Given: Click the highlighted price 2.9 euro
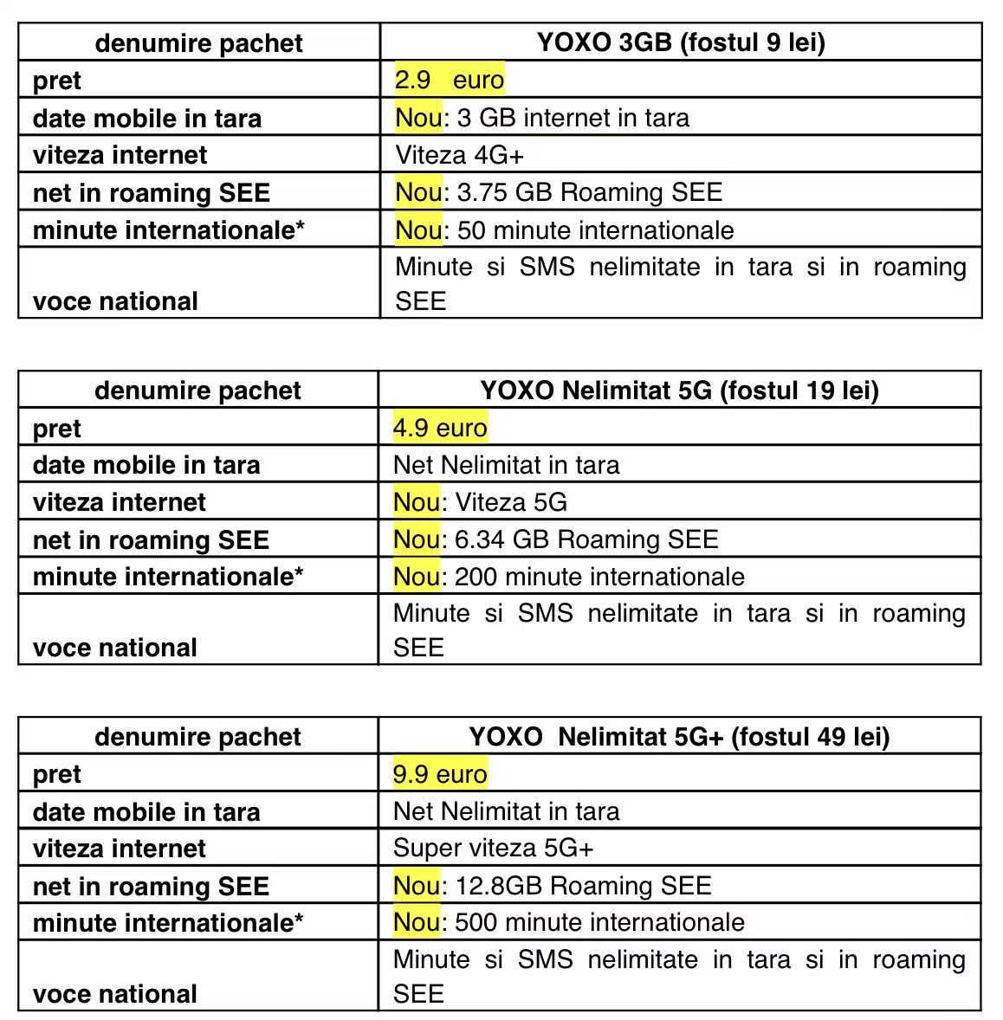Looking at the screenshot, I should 449,80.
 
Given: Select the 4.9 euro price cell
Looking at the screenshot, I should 440,428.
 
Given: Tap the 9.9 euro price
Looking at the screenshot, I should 440,774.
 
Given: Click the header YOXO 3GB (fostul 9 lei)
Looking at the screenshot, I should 680,42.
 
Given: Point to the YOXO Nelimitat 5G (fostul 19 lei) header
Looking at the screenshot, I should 679,391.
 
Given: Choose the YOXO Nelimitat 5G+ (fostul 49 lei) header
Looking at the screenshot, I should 679,737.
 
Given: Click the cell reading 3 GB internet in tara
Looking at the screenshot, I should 542,118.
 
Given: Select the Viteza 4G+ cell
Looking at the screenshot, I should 459,155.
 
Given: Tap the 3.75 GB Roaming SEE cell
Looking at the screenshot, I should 559,192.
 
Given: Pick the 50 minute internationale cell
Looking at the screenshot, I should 565,230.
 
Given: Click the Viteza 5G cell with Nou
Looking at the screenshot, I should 480,502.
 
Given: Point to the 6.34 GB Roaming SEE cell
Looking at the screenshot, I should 555,539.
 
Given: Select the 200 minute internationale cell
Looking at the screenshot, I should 568,577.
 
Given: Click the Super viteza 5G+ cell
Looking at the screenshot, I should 493,849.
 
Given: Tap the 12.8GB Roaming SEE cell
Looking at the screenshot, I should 552,886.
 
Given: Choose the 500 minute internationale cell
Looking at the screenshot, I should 568,922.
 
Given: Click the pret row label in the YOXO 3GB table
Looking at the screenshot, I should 57,81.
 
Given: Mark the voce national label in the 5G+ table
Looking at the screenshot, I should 115,993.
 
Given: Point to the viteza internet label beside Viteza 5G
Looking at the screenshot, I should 120,502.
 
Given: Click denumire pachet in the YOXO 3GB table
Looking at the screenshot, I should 198,43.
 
